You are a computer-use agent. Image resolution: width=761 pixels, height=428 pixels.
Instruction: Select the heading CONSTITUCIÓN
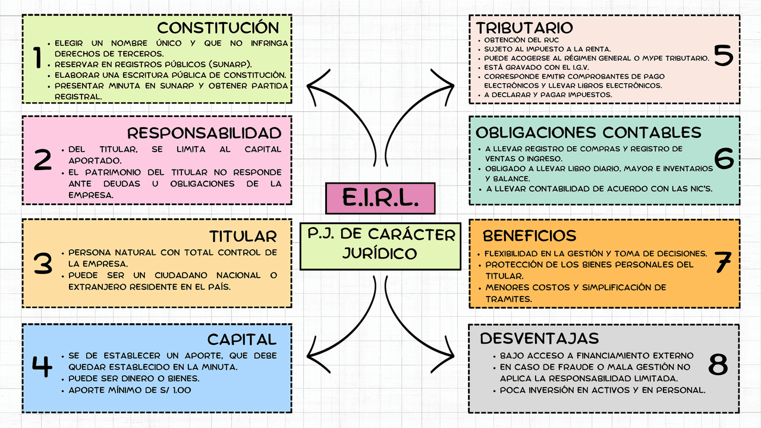click(218, 28)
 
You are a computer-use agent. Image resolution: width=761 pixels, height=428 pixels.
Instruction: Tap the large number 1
click(38, 58)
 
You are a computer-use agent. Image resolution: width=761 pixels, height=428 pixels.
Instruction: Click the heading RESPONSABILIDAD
click(204, 133)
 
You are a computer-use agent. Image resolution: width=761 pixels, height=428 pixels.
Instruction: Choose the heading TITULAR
click(243, 236)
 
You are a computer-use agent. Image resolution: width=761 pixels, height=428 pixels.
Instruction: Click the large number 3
click(43, 263)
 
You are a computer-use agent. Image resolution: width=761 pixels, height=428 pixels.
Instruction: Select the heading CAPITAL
click(242, 339)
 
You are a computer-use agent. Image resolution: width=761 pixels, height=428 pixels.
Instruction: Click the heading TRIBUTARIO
click(524, 28)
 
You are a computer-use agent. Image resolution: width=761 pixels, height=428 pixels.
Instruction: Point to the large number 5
click(723, 55)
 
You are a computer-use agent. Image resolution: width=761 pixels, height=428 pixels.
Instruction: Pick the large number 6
click(724, 159)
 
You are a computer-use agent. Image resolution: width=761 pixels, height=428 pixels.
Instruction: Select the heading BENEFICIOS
click(529, 235)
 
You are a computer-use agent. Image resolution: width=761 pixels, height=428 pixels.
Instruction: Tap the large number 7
click(722, 263)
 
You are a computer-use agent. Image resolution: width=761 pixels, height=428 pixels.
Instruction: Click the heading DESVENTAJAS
click(539, 338)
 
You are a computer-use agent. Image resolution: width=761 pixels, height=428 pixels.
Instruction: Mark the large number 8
click(718, 364)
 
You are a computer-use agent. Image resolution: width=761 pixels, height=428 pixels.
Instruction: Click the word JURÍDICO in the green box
click(380, 253)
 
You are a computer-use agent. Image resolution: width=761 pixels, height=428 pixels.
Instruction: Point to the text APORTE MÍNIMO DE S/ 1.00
click(130, 391)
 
